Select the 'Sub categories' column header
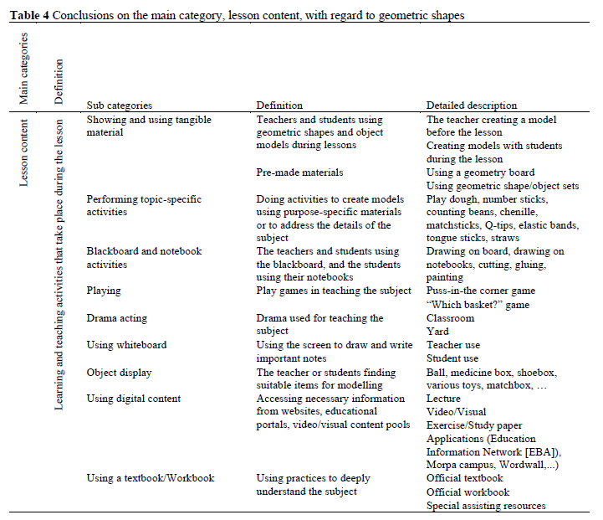coord(120,106)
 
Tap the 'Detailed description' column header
coord(472,106)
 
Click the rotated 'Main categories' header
coord(23,69)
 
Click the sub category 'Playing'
coord(104,291)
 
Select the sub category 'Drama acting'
coord(119,318)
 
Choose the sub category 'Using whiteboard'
coord(127,344)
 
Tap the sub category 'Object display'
coord(119,372)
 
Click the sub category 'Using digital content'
coord(134,399)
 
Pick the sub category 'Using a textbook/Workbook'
coord(151,478)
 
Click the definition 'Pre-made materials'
coord(300,172)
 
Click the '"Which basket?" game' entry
coord(478,305)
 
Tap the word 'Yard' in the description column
coord(438,331)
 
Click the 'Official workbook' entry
coord(468,492)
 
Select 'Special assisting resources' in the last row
coord(486,505)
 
